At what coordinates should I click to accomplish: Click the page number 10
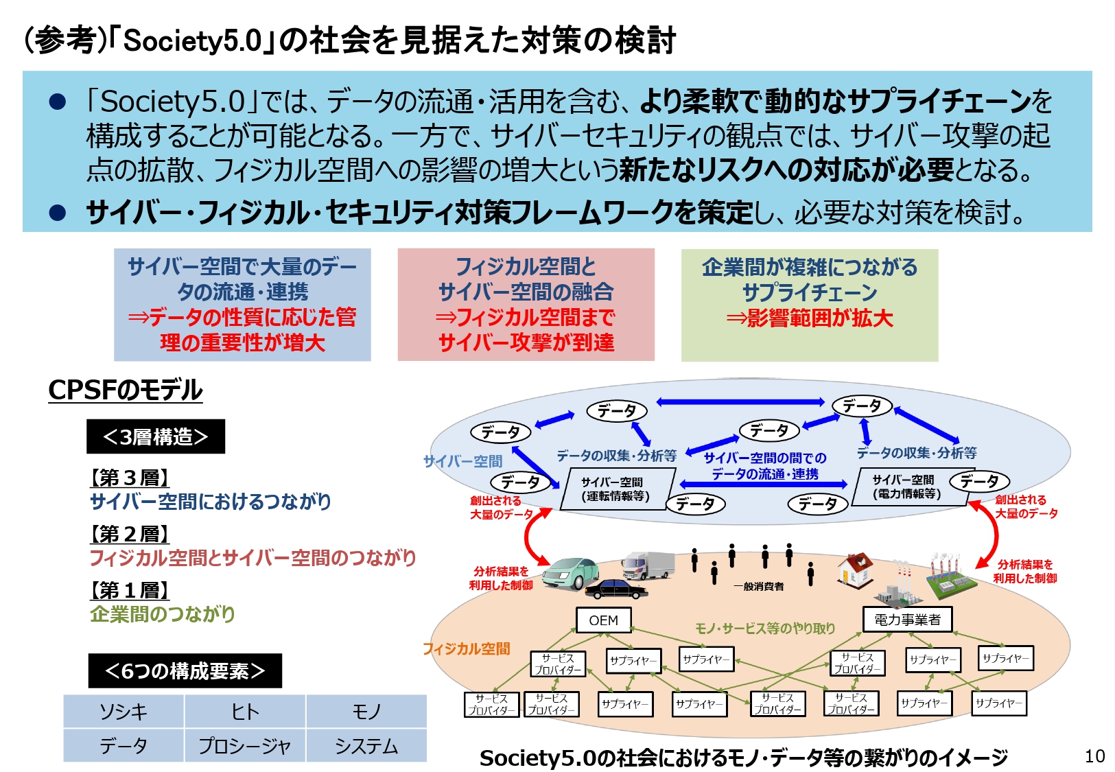coord(1094,756)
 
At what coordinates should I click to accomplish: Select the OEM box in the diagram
coord(603,620)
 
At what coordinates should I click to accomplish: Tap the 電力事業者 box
coord(906,619)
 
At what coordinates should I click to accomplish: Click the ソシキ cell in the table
coord(124,711)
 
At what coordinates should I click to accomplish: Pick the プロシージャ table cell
coord(245,745)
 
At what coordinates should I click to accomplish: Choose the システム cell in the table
coord(366,745)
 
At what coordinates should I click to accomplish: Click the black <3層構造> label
coord(155,436)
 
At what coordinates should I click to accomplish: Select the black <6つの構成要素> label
coord(185,670)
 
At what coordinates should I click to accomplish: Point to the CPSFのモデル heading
coord(125,390)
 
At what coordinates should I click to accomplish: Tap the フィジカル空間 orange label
coord(466,648)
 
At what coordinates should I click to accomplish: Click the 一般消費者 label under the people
coord(758,586)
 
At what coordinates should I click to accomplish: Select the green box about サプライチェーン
coord(809,305)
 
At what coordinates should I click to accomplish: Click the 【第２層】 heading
coord(129,533)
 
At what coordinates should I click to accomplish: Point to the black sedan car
coord(615,588)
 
